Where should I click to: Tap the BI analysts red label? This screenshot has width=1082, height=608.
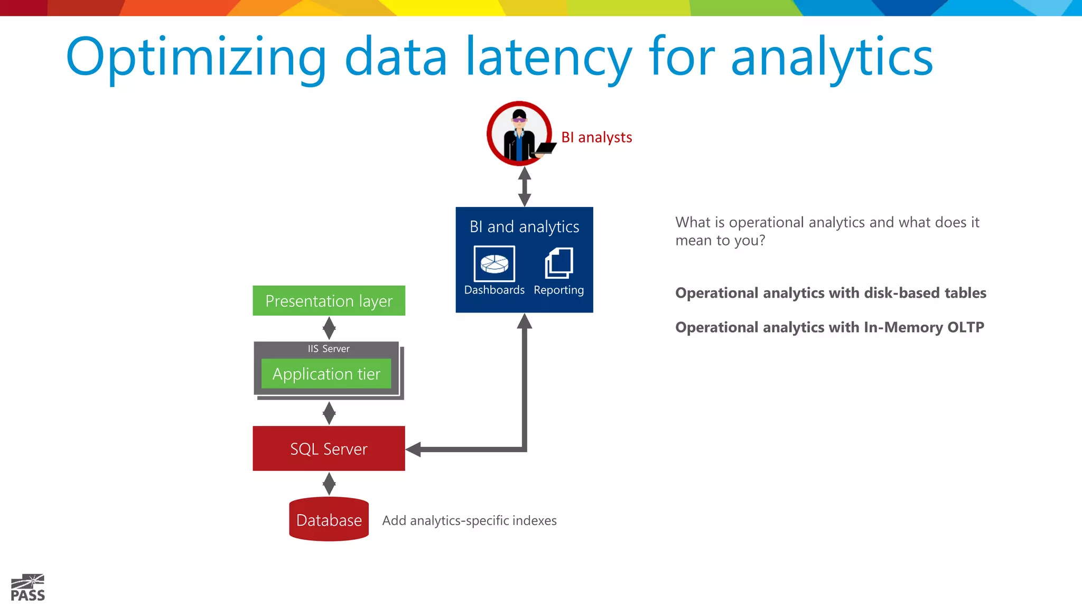(596, 138)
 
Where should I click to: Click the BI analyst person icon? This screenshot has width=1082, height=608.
(519, 134)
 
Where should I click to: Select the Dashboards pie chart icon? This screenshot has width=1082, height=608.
(494, 263)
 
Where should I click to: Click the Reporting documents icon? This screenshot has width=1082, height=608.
(559, 263)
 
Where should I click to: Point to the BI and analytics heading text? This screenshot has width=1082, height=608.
(524, 227)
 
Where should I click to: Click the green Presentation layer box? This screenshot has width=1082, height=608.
(329, 301)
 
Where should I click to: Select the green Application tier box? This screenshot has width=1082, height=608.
(326, 374)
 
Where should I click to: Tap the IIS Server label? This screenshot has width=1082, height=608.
(328, 349)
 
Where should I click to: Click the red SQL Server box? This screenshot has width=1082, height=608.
(329, 449)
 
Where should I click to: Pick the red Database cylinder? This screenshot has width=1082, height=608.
(329, 520)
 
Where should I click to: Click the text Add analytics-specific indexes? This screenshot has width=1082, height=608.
(469, 521)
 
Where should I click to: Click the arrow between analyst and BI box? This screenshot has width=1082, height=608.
(524, 186)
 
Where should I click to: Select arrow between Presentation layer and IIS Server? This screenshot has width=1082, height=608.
(329, 328)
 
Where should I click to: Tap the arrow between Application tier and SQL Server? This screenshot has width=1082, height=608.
(329, 413)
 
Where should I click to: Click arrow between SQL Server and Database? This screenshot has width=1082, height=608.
(329, 483)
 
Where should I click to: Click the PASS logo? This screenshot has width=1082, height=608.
(27, 588)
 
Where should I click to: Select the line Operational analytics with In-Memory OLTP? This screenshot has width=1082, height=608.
(829, 328)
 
